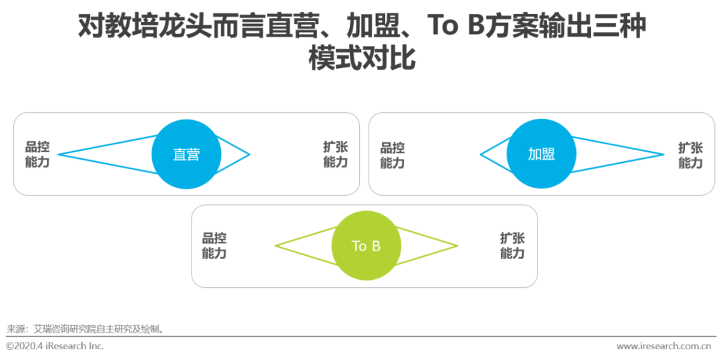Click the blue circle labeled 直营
pyautogui.click(x=186, y=154)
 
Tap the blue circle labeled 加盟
pyautogui.click(x=541, y=154)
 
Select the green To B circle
pyautogui.click(x=366, y=246)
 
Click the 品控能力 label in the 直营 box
pyautogui.click(x=37, y=154)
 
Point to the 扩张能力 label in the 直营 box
pyautogui.click(x=335, y=154)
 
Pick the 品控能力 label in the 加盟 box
pyautogui.click(x=393, y=154)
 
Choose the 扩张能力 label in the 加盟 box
pyautogui.click(x=690, y=154)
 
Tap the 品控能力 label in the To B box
pyautogui.click(x=214, y=246)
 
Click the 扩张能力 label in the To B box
pyautogui.click(x=512, y=246)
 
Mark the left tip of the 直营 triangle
pyautogui.click(x=59, y=154)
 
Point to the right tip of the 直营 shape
pyautogui.click(x=249, y=155)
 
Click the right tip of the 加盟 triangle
pyautogui.click(x=664, y=154)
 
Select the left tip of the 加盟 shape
pyautogui.click(x=481, y=155)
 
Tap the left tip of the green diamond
pyautogui.click(x=276, y=246)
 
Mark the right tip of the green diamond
pyautogui.click(x=457, y=246)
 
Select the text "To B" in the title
pyautogui.click(x=455, y=27)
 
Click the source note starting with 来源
pyautogui.click(x=85, y=329)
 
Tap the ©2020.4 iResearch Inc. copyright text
pyautogui.click(x=55, y=346)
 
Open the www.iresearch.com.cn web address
pyautogui.click(x=663, y=346)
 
